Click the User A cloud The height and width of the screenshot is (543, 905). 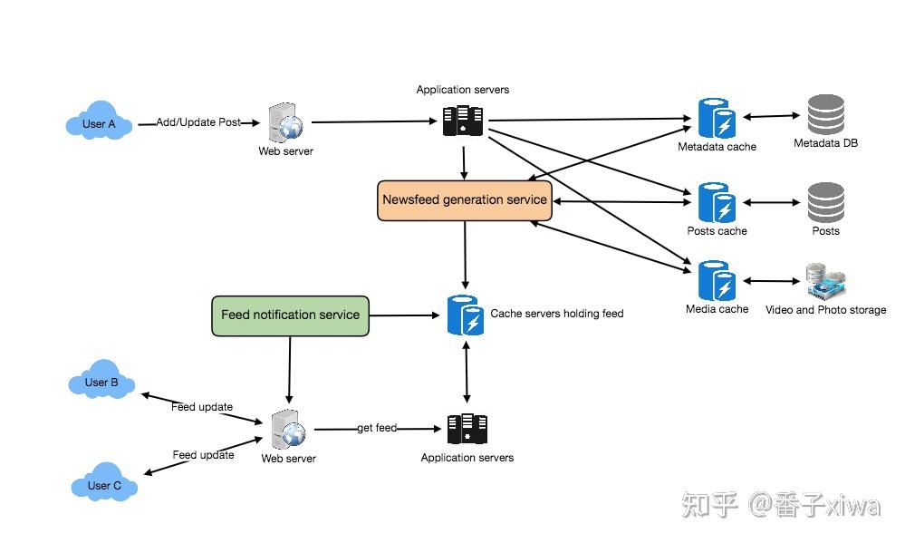[100, 123]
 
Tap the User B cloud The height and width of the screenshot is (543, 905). [102, 383]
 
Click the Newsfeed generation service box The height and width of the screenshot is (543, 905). [464, 200]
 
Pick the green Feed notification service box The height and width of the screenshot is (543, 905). [290, 315]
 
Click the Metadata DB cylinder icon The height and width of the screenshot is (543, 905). [825, 114]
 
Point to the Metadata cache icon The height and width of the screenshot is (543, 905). [717, 117]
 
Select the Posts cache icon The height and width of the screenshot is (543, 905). [717, 203]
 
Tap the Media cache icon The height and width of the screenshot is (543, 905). [717, 281]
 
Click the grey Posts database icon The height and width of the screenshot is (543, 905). [825, 202]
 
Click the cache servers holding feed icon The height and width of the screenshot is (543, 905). [466, 315]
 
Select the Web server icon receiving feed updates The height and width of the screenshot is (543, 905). [289, 428]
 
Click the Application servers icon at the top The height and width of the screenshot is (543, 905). [463, 121]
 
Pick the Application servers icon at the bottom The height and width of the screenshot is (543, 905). [467, 428]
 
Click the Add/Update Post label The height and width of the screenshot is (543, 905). [198, 122]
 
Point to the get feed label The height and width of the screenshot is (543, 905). [377, 428]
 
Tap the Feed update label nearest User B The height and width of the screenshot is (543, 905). [202, 407]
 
